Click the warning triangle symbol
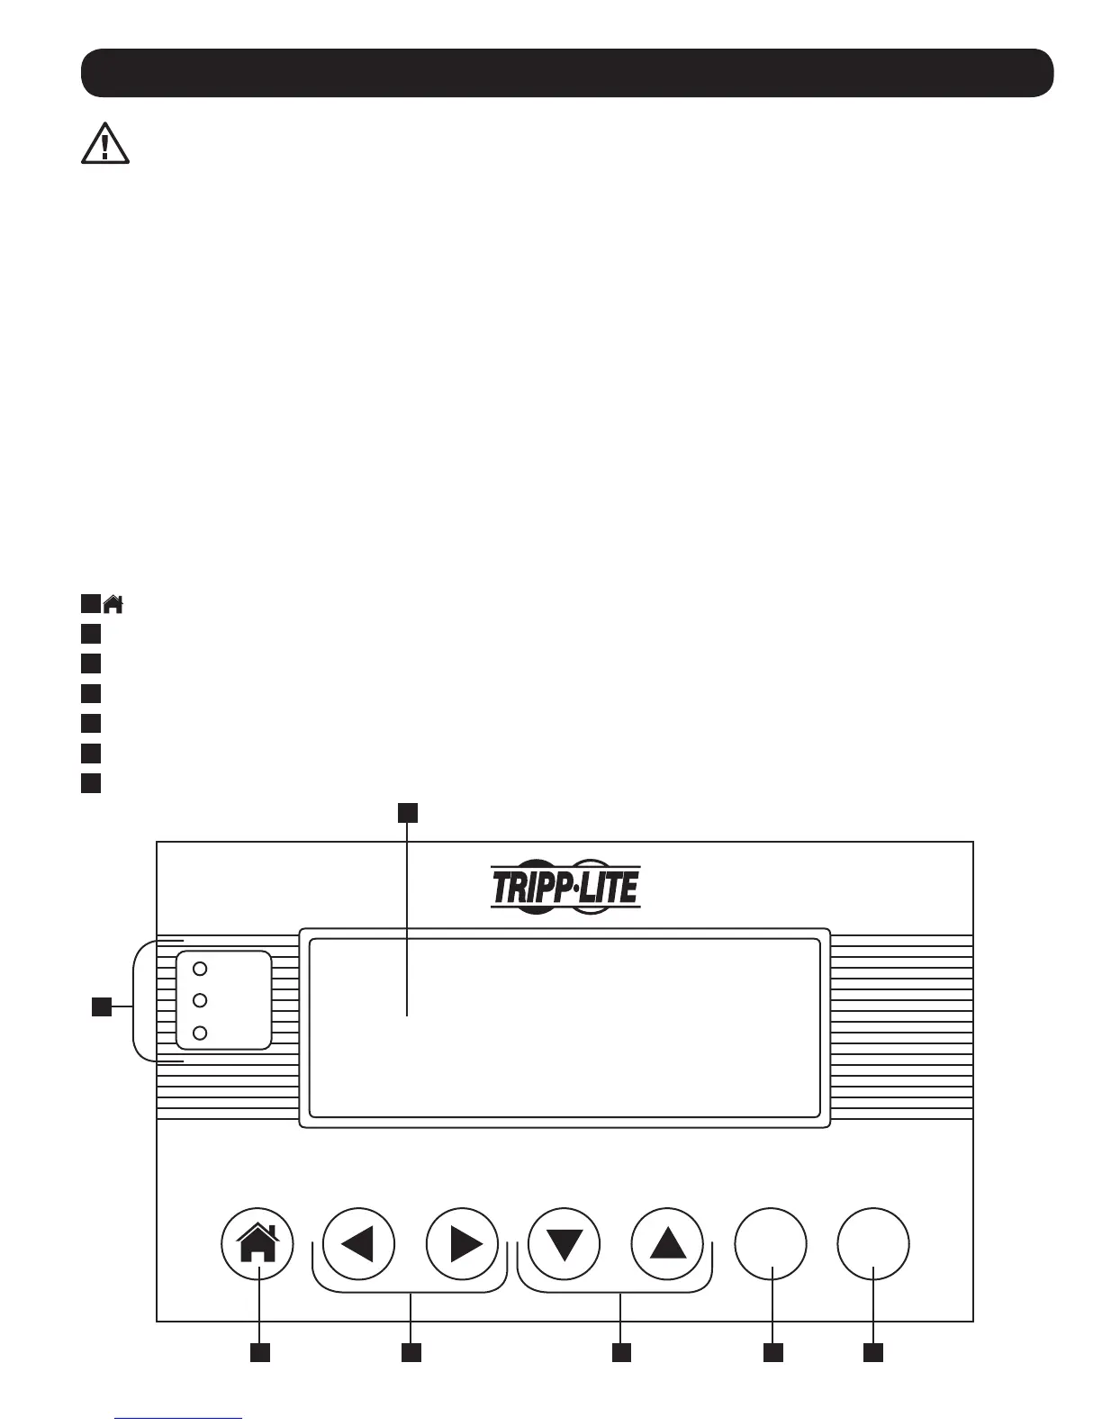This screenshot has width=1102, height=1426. coord(105,144)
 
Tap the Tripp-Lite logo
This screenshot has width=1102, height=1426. coord(565,886)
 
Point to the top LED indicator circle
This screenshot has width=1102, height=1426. coord(201,969)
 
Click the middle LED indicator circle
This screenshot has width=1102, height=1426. coord(201,1000)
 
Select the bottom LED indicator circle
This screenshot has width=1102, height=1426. coord(201,1033)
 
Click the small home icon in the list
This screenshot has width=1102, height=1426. coord(113,604)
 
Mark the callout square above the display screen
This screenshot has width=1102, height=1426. coord(408,813)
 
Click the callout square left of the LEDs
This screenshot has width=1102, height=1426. coord(102,1006)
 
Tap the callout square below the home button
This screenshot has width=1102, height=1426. coord(260,1352)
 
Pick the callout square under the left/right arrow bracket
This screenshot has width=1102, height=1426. coord(411,1352)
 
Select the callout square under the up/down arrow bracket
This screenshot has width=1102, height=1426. coord(621,1352)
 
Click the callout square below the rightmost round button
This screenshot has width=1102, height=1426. coord(872,1352)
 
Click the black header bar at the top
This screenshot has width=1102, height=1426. coord(567,73)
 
